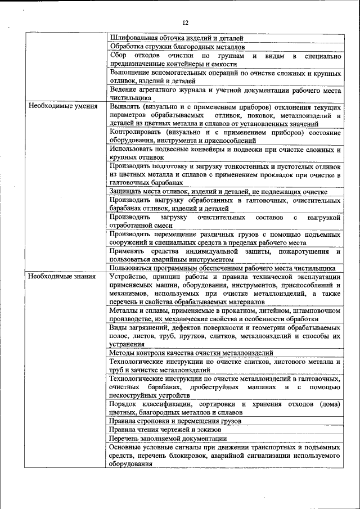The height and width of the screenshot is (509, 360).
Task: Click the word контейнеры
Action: pyautogui.click(x=192, y=65)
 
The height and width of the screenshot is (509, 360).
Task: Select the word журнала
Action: pyautogui.click(x=190, y=90)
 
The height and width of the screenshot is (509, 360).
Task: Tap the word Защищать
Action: pyautogui.click(x=128, y=192)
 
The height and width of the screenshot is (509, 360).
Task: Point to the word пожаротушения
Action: pyautogui.click(x=303, y=251)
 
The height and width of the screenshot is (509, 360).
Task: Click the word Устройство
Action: pyautogui.click(x=130, y=277)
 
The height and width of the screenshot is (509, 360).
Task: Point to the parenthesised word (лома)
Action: pyautogui.click(x=330, y=404)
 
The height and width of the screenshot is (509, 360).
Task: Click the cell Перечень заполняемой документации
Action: pyautogui.click(x=168, y=438)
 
